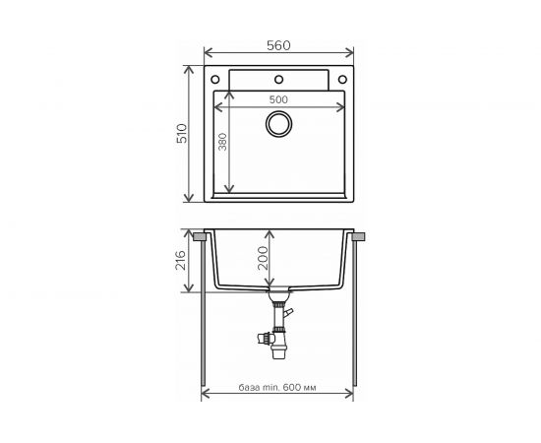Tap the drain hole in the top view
click(x=279, y=124)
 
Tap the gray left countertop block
click(x=200, y=237)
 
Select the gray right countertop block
click(x=359, y=237)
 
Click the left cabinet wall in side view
click(x=203, y=315)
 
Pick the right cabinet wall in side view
click(x=356, y=315)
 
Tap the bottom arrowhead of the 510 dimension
click(x=191, y=200)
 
